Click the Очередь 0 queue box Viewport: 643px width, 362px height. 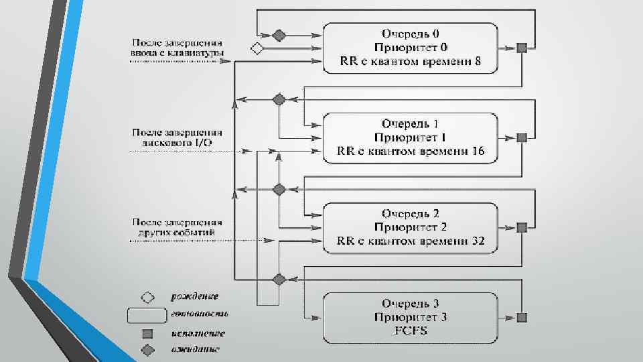(x=411, y=48)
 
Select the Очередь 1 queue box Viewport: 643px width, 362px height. (x=411, y=137)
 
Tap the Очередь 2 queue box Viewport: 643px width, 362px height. (x=411, y=227)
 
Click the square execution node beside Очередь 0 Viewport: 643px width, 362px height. (x=522, y=48)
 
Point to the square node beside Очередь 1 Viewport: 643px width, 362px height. (x=522, y=137)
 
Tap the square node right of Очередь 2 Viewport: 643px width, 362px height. (x=522, y=227)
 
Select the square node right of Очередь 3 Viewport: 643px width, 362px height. (x=522, y=317)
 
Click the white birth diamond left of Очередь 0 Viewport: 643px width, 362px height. (x=256, y=48)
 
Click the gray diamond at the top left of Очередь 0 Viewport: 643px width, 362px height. (x=279, y=34)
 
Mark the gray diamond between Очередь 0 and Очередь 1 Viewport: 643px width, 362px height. (x=279, y=100)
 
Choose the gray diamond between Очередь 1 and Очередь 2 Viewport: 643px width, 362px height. (x=279, y=190)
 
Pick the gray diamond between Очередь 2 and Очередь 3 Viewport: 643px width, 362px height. (x=279, y=280)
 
